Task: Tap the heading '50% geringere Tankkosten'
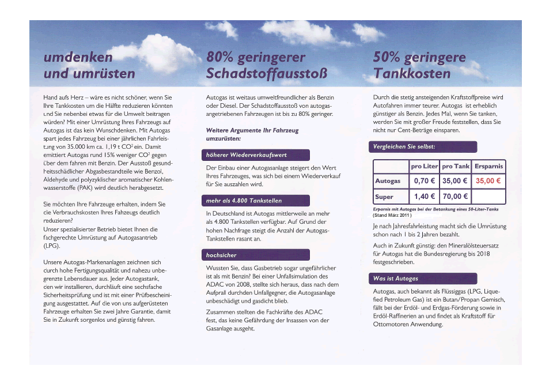(x=419, y=66)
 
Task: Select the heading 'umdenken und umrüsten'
(x=89, y=66)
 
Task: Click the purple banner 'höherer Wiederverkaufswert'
(x=257, y=155)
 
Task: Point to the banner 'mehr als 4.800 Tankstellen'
(x=257, y=201)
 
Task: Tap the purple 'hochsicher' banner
(x=257, y=255)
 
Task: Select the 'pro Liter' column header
(x=424, y=166)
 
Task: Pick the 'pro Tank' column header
(x=456, y=166)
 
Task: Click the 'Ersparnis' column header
(x=488, y=166)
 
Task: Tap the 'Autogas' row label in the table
(x=388, y=181)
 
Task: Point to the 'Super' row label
(x=384, y=197)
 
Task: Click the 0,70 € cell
(x=424, y=181)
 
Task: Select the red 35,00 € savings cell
(x=488, y=181)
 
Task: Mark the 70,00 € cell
(x=455, y=197)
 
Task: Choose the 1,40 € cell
(x=424, y=197)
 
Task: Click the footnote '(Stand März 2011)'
(x=392, y=215)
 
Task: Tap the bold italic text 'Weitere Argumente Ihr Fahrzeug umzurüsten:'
(x=252, y=135)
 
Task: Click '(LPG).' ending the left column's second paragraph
(x=52, y=245)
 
